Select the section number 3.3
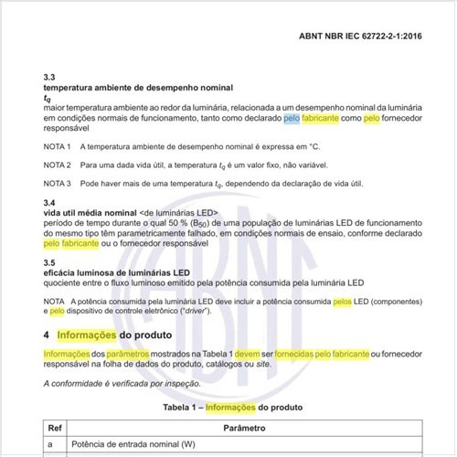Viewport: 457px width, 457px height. pyautogui.click(x=50, y=78)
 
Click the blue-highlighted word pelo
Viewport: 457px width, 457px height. pyautogui.click(x=292, y=119)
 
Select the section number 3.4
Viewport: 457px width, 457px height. pyautogui.click(x=50, y=203)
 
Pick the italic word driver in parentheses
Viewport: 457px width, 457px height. pyautogui.click(x=194, y=312)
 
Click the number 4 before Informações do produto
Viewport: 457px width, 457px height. pyautogui.click(x=47, y=335)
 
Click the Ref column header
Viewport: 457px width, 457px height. pyautogui.click(x=54, y=428)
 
